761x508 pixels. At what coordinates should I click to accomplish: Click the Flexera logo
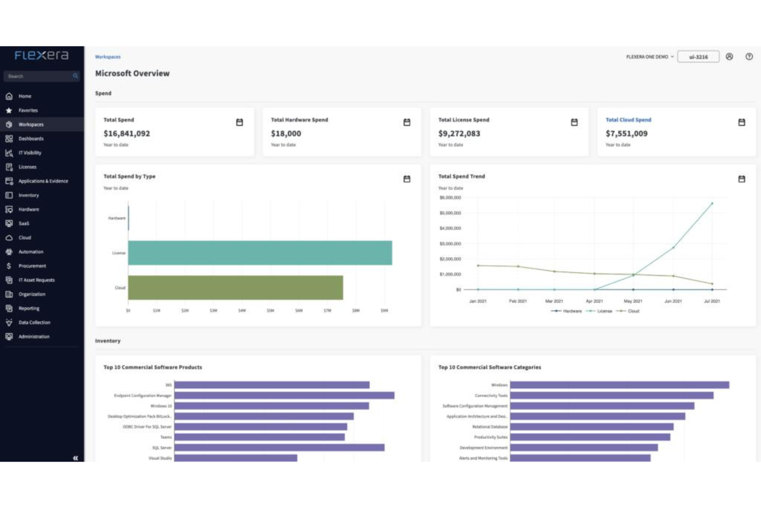click(x=42, y=55)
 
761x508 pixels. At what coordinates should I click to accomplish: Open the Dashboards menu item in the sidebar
click(x=31, y=138)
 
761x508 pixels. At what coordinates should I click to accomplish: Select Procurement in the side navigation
click(x=32, y=266)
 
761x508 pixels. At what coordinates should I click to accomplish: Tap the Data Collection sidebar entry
click(x=34, y=323)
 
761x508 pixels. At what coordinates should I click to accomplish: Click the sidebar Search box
click(x=39, y=76)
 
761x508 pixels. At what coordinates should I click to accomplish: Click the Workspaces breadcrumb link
click(x=107, y=57)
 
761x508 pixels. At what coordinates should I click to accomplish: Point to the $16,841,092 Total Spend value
click(x=126, y=134)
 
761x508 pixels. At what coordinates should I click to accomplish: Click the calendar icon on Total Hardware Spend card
click(x=407, y=122)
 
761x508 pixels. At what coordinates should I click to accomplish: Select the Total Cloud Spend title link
click(x=628, y=120)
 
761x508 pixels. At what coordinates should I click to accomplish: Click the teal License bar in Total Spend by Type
click(x=260, y=253)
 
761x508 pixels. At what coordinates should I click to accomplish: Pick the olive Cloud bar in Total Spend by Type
click(x=235, y=288)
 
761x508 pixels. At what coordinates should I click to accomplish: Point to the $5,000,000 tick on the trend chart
click(x=450, y=213)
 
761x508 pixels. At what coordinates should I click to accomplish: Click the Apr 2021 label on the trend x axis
click(x=594, y=301)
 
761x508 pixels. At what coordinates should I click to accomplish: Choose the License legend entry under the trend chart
click(x=604, y=311)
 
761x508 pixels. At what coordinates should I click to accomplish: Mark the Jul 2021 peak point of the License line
click(x=712, y=204)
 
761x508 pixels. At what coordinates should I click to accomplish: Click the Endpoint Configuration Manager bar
click(x=284, y=396)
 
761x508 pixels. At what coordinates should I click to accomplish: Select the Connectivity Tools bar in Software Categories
click(x=611, y=396)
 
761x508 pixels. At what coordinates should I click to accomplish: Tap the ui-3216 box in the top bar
click(x=698, y=57)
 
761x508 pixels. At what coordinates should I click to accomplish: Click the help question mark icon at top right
click(x=749, y=57)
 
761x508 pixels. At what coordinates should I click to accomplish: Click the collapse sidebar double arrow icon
click(x=76, y=458)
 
